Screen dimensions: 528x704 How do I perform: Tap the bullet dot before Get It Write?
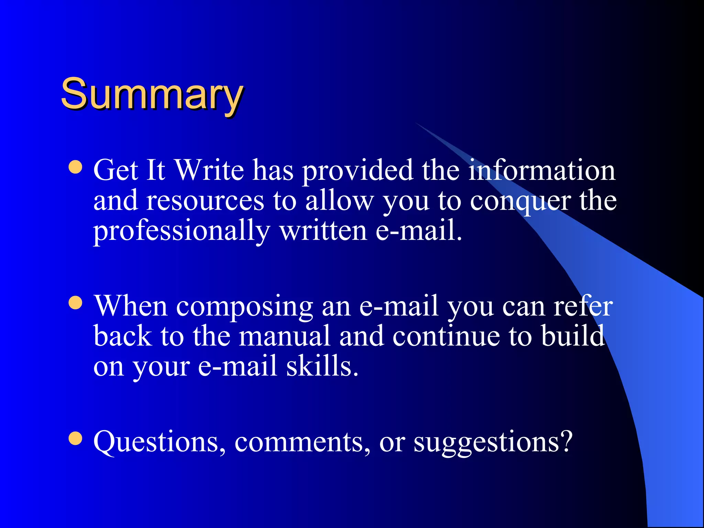(75, 167)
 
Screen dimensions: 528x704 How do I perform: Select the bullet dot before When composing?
(75, 303)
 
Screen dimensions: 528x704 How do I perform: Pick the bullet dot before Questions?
(75, 438)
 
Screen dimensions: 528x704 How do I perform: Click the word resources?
(205, 201)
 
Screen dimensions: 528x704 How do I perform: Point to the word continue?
(446, 336)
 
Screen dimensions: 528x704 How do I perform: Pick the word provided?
(358, 170)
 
